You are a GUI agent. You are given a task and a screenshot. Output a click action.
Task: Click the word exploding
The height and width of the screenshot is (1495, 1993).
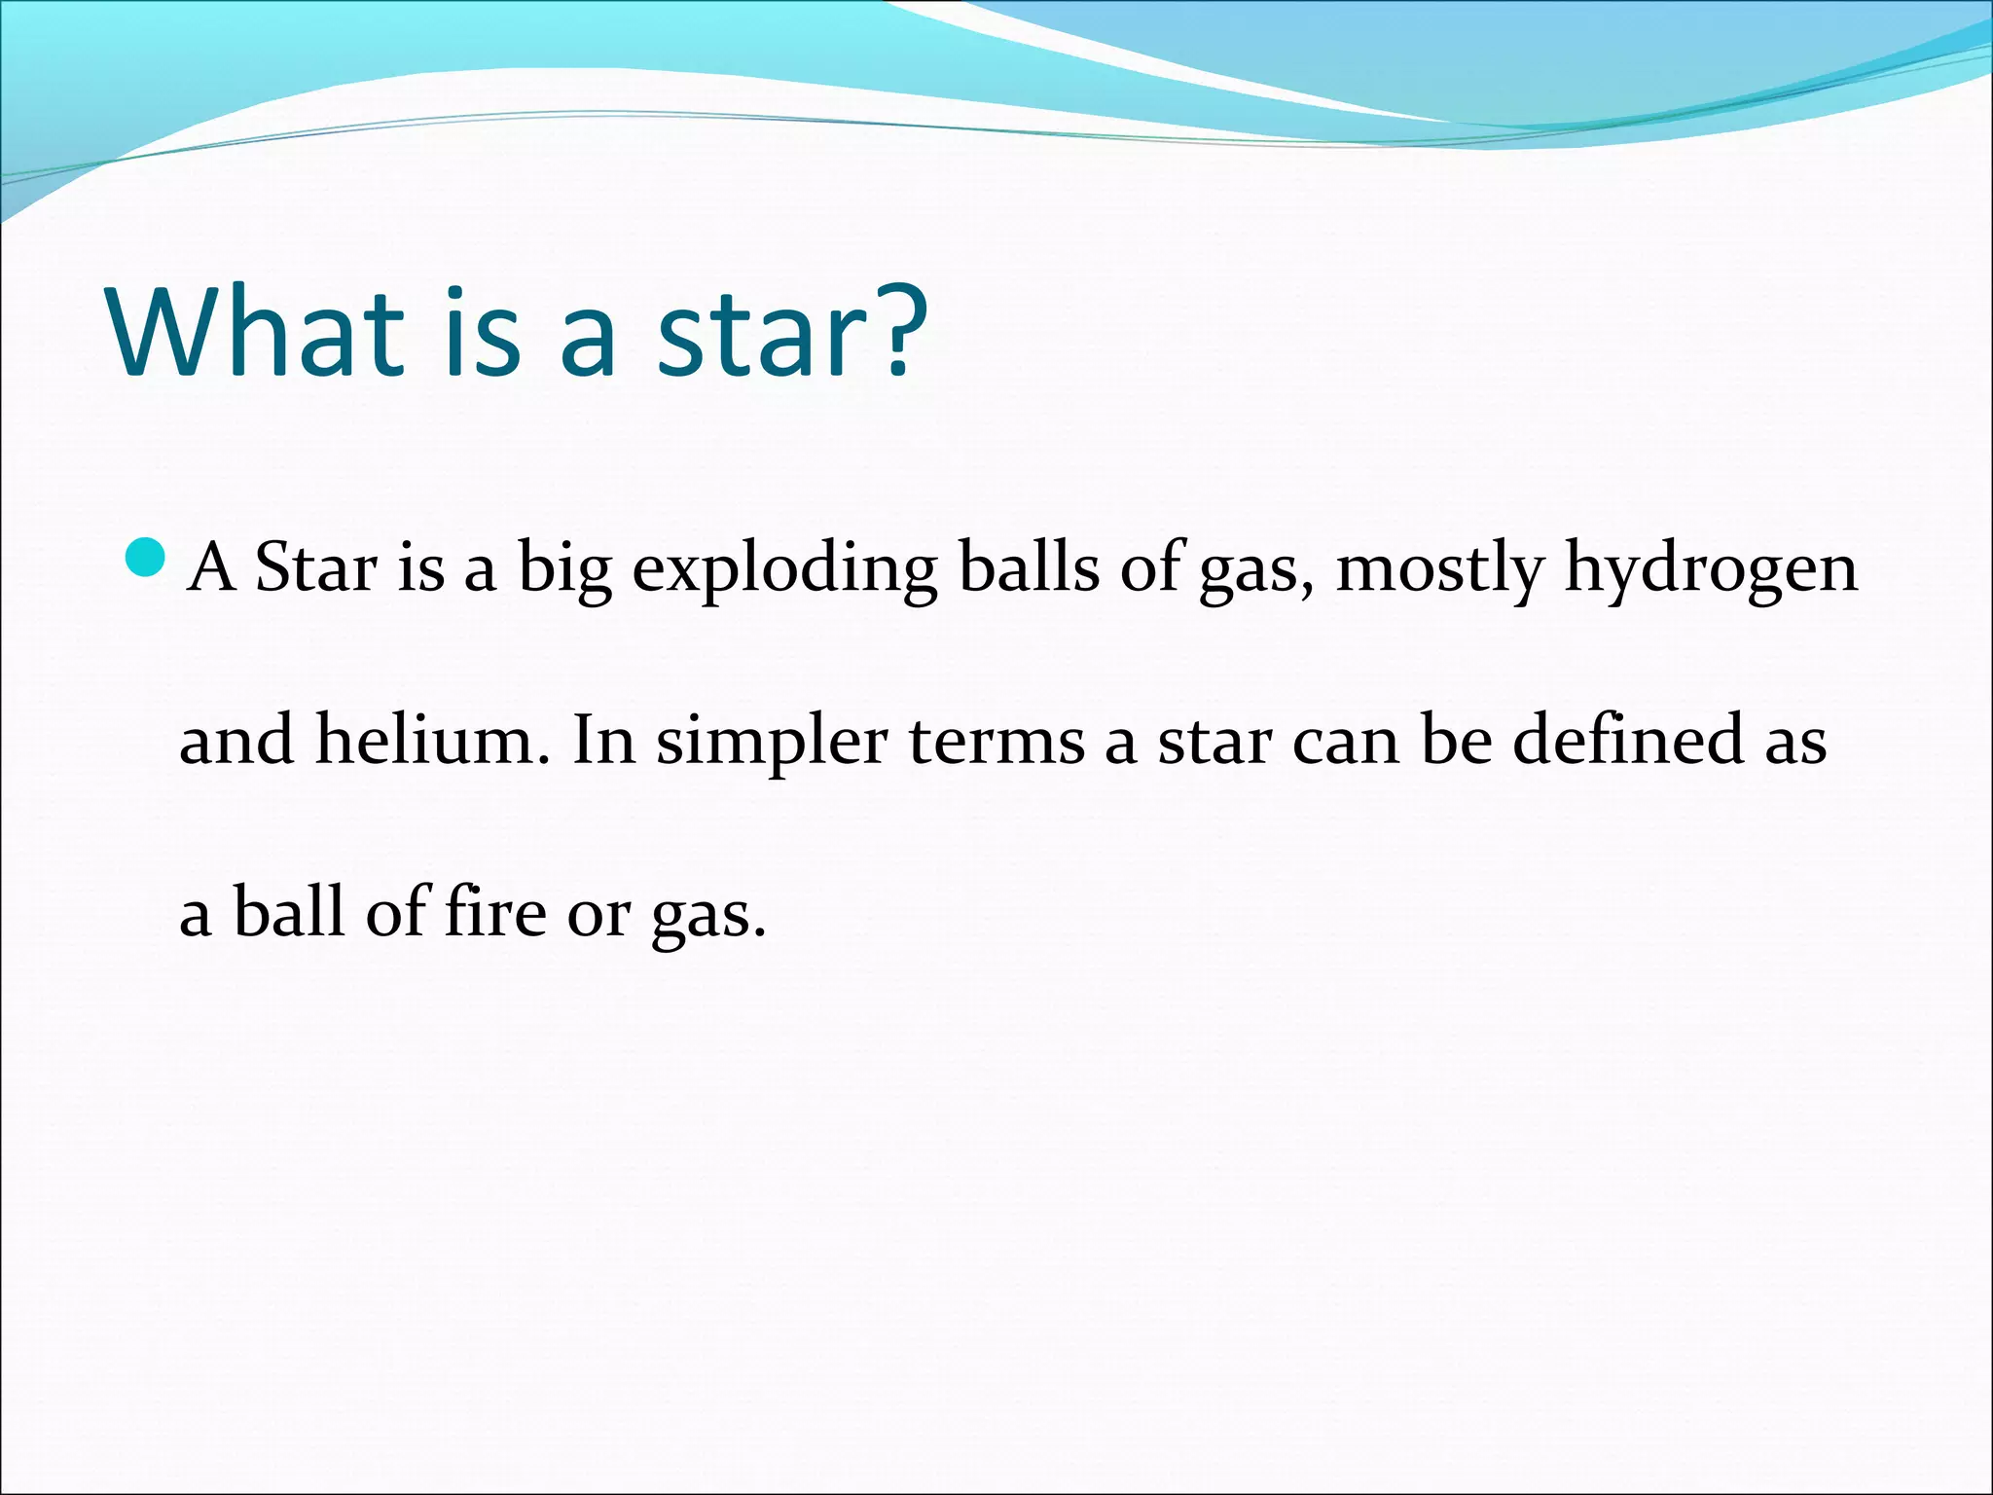784,569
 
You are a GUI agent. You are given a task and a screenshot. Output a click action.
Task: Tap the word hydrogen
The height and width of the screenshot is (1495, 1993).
1711,569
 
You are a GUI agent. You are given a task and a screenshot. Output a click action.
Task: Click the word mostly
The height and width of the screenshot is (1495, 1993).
1440,569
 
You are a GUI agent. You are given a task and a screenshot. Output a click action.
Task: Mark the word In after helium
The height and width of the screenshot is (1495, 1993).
603,740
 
